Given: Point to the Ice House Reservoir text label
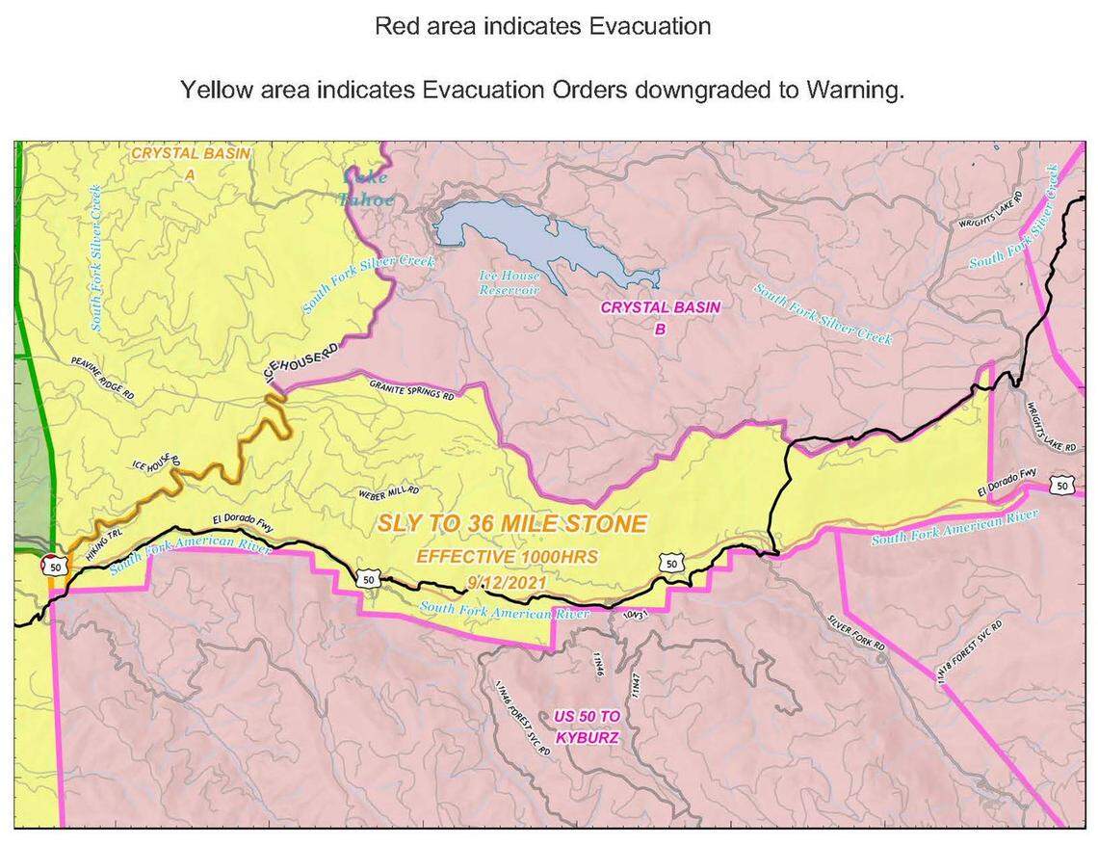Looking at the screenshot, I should [x=510, y=281].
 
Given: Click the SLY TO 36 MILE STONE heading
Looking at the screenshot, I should [x=511, y=524].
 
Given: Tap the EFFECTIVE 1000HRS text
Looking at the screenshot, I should [x=507, y=556].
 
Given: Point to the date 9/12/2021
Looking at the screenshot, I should [x=506, y=581].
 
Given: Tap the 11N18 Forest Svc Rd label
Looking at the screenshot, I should [x=970, y=653].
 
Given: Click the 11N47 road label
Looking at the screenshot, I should [x=635, y=687].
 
